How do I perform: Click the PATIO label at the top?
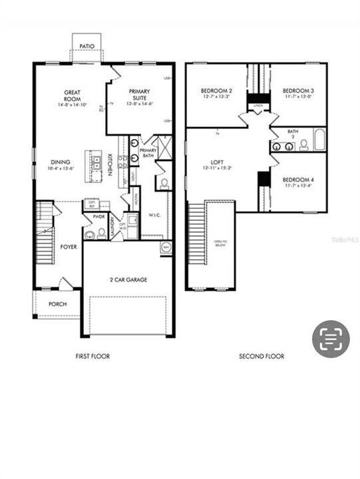[x=87, y=47]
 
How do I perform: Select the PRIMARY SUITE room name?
[x=139, y=94]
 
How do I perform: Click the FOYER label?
[x=69, y=246]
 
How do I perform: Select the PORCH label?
[x=57, y=304]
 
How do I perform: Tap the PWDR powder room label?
[x=100, y=216]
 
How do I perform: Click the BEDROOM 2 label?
[x=216, y=90]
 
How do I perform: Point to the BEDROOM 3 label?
[x=298, y=90]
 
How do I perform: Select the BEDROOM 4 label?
[x=297, y=180]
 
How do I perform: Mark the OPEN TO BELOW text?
[x=220, y=242]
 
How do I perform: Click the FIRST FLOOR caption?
[x=92, y=357]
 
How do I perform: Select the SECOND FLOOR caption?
[x=262, y=357]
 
